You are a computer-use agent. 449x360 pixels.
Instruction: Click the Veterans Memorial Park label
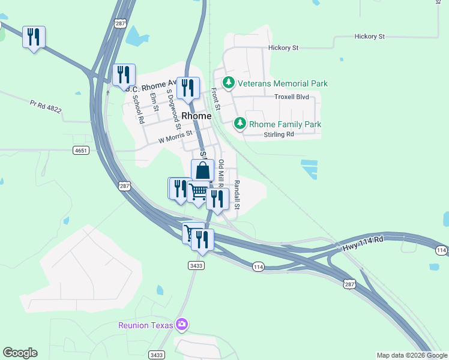pos(282,83)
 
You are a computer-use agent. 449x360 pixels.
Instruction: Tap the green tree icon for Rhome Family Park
pos(240,124)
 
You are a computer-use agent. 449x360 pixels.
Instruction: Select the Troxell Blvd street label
pos(291,97)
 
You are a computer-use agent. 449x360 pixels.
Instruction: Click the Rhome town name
pos(196,116)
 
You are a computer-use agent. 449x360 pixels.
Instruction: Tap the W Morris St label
pos(175,137)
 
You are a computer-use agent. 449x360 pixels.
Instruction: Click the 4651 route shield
pos(81,150)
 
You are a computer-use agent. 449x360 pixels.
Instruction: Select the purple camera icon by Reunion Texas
pos(182,325)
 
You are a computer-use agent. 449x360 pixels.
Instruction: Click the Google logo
pos(20,353)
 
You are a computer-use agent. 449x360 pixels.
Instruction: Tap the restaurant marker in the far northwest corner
pos(33,38)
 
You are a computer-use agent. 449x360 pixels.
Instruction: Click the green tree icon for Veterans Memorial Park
pos(228,83)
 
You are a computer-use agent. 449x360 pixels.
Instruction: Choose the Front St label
pos(216,100)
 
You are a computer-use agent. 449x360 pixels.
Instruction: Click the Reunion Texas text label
pos(145,325)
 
